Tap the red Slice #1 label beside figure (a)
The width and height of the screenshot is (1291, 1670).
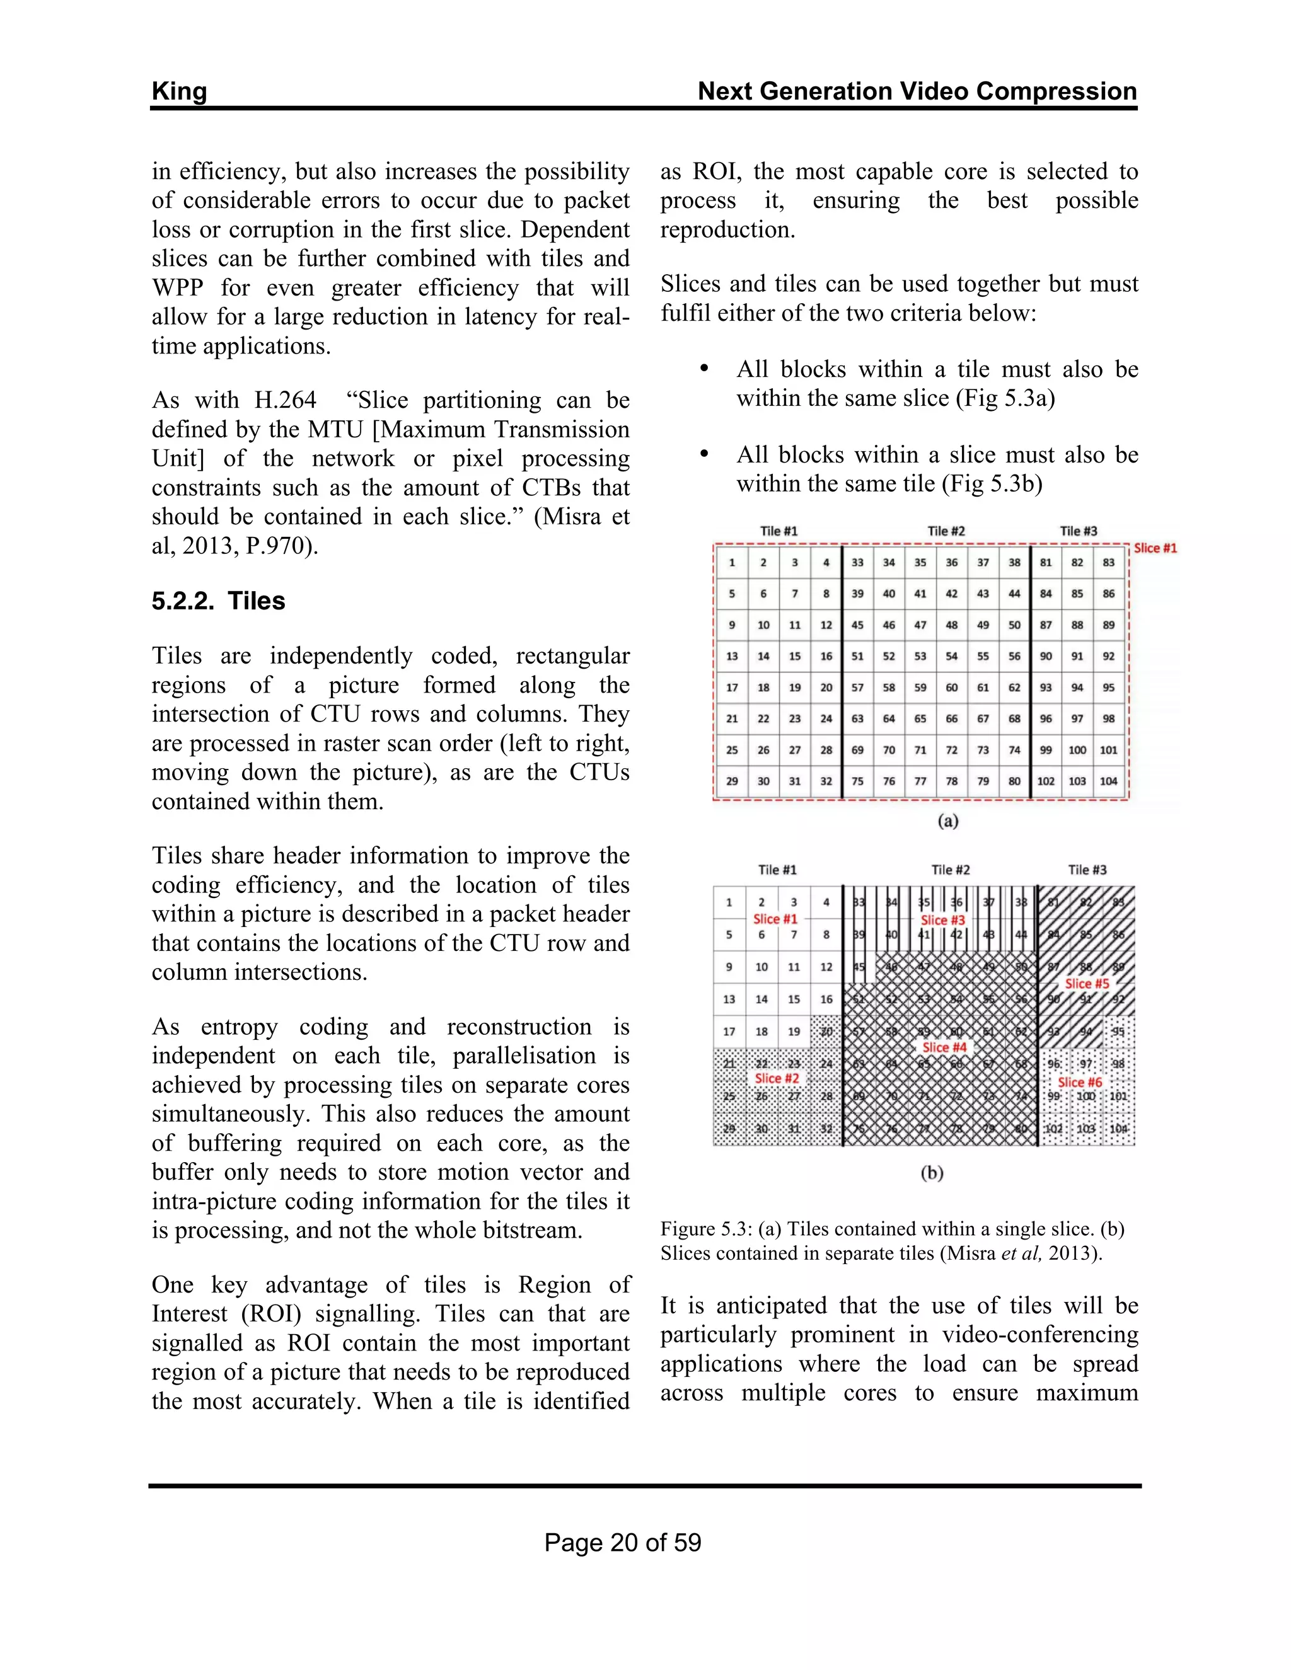click(1155, 548)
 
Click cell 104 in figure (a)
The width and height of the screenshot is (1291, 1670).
click(1108, 781)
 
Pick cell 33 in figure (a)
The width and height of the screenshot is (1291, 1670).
click(857, 562)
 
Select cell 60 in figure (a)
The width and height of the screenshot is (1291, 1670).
click(951, 687)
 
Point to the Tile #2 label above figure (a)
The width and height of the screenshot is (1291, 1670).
click(946, 531)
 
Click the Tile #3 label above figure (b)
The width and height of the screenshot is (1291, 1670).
click(1087, 870)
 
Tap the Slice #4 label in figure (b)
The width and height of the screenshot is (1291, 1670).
click(944, 1047)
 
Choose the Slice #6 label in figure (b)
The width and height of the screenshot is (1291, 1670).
click(1079, 1082)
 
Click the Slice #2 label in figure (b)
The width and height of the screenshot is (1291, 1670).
click(776, 1078)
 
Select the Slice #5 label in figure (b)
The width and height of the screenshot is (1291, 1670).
click(1087, 983)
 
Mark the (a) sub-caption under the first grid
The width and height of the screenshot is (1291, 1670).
click(947, 821)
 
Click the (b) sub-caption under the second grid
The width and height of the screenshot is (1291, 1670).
click(932, 1172)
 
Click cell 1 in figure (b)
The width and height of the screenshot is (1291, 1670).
click(729, 902)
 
